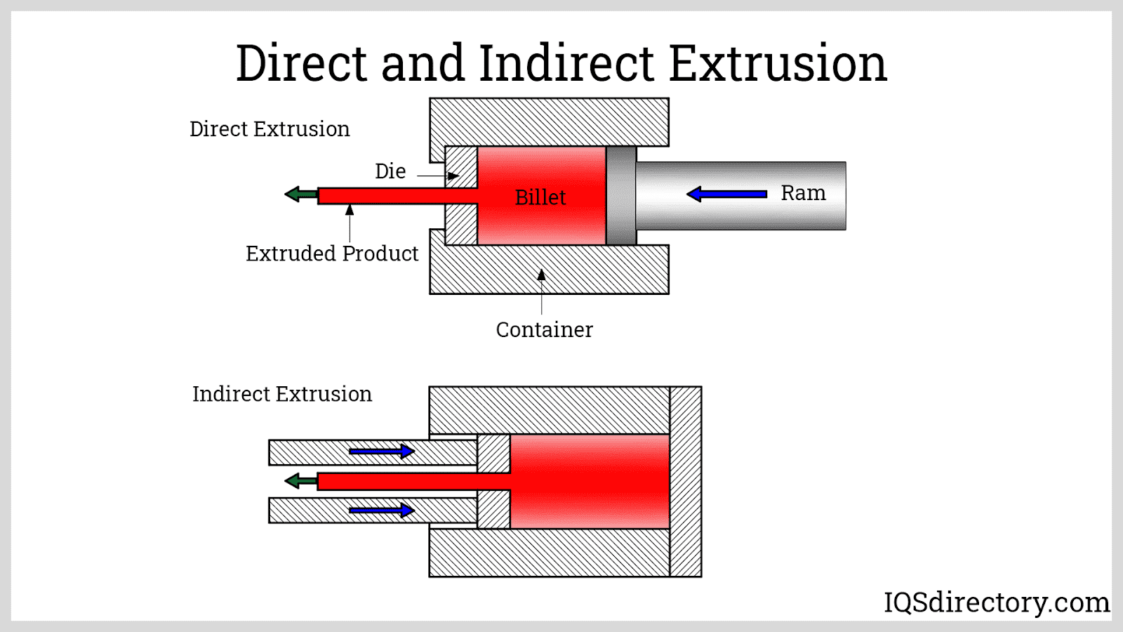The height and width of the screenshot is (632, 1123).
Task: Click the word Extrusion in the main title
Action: pos(778,63)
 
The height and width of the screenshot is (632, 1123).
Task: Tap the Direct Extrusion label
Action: pos(270,129)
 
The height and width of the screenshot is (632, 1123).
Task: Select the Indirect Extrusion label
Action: pos(282,394)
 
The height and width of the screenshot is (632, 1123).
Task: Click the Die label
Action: pos(390,171)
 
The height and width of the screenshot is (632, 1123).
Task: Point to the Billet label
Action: pos(540,197)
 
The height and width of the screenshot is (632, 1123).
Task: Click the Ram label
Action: pos(803,192)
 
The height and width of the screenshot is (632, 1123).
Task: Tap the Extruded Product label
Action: pos(332,254)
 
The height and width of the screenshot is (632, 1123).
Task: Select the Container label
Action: pos(545,329)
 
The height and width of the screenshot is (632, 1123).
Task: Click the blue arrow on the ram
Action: pos(726,194)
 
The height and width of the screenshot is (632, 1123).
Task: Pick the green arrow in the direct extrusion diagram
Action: pos(301,194)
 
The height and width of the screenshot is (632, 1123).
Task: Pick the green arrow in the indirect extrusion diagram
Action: pos(301,481)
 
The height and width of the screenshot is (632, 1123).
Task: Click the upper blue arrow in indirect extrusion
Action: pos(382,452)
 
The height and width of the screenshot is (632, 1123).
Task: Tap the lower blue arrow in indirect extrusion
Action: pos(382,511)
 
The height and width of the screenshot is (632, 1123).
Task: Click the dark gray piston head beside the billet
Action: pos(621,196)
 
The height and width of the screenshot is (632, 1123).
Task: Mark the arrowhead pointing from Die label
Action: pos(453,176)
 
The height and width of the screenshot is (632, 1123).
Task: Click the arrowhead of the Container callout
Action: pos(541,275)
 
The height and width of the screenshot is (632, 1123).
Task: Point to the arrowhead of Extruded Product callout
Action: pos(350,210)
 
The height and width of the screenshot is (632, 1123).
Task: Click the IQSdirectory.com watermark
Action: pos(997,602)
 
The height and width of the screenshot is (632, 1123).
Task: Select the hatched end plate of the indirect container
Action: pos(686,482)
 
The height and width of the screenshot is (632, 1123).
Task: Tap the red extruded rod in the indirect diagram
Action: pos(413,482)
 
